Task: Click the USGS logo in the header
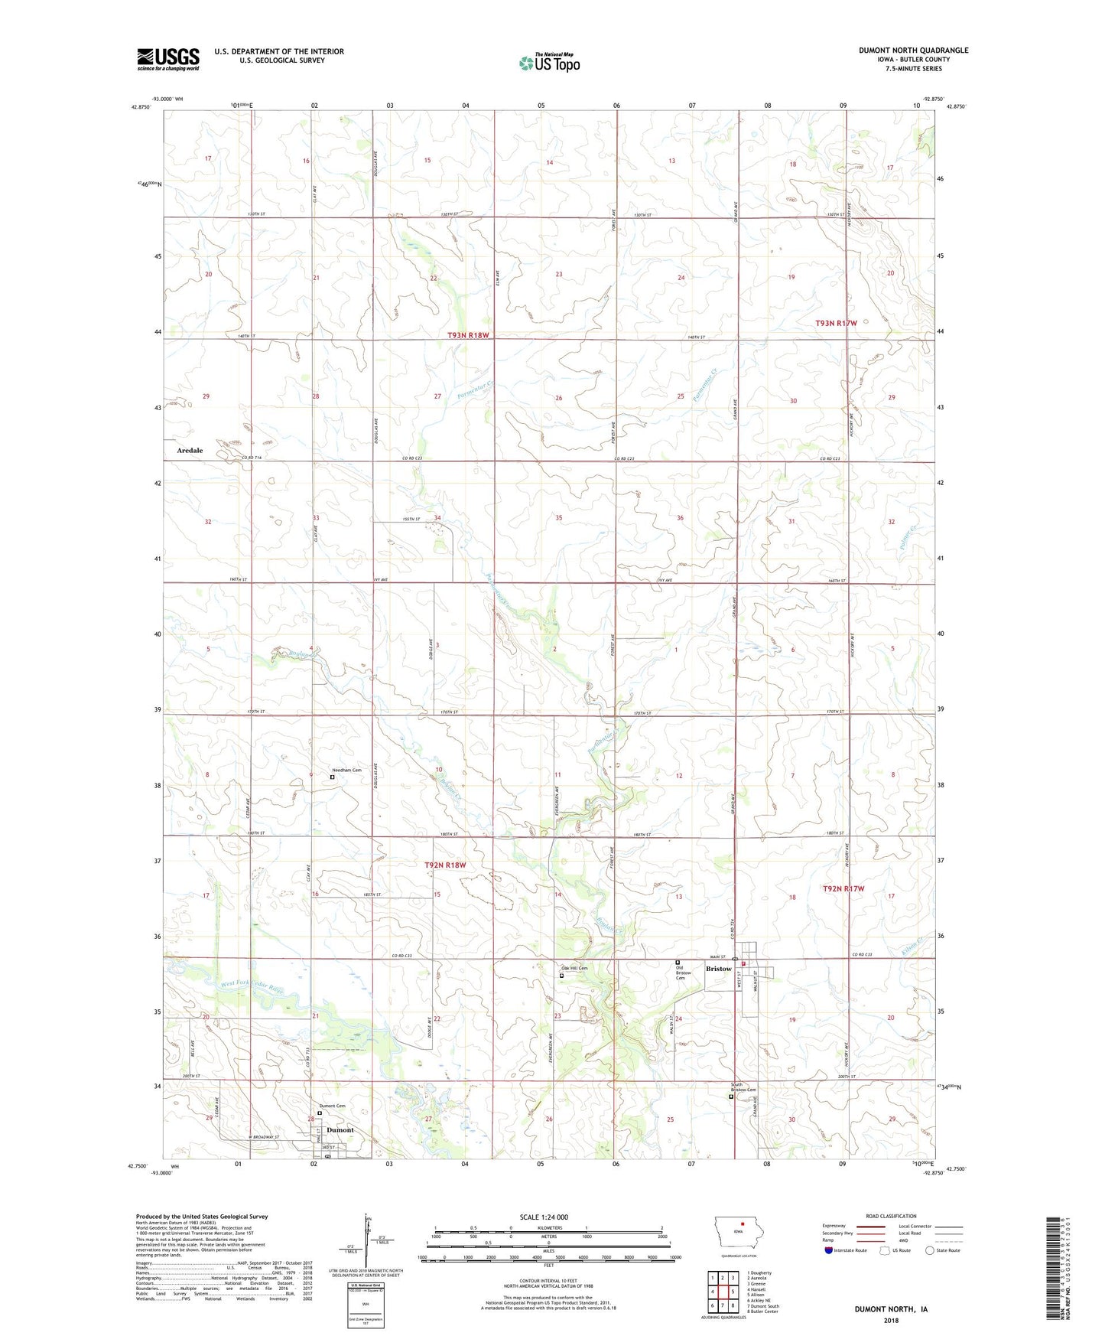167,59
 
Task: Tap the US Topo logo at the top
549,63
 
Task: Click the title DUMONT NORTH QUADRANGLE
913,51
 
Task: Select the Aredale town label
190,451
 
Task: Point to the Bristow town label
718,969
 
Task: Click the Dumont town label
340,1130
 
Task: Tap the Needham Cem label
346,771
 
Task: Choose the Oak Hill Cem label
574,969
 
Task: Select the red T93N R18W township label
468,335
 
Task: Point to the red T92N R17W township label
843,888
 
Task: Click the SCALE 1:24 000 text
544,1217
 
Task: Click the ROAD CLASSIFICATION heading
891,1216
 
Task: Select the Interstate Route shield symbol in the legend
829,1250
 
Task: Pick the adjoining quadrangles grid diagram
722,1292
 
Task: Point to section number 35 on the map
559,518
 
